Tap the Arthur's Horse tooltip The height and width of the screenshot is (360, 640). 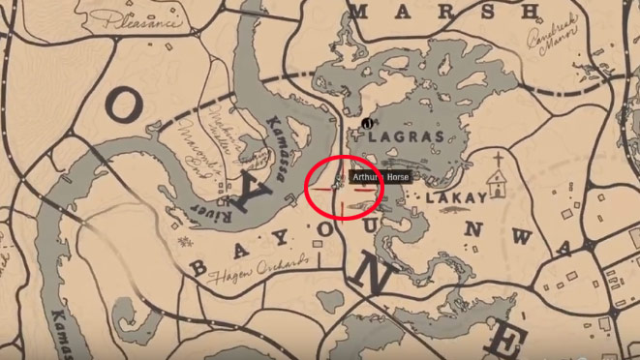381,178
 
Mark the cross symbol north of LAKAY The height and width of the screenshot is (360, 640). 498,160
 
